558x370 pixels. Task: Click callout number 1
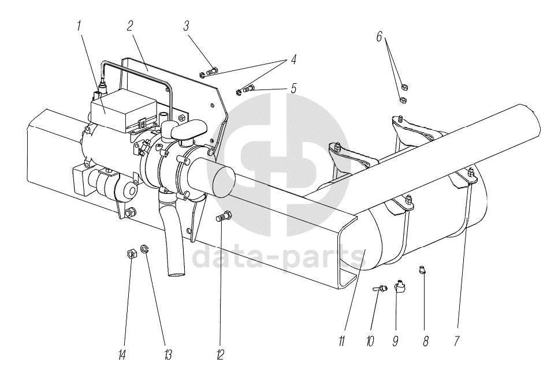79,26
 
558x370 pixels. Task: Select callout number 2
130,25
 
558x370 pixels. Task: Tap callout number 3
186,26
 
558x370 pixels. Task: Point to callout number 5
293,88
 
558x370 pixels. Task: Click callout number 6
380,36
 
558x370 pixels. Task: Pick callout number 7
456,341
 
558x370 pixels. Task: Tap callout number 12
220,354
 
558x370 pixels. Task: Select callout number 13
168,354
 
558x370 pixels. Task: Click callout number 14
122,354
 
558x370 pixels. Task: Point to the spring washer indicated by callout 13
144,248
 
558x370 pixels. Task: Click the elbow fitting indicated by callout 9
400,286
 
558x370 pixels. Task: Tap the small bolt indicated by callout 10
380,288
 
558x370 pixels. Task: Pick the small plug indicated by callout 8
422,270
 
